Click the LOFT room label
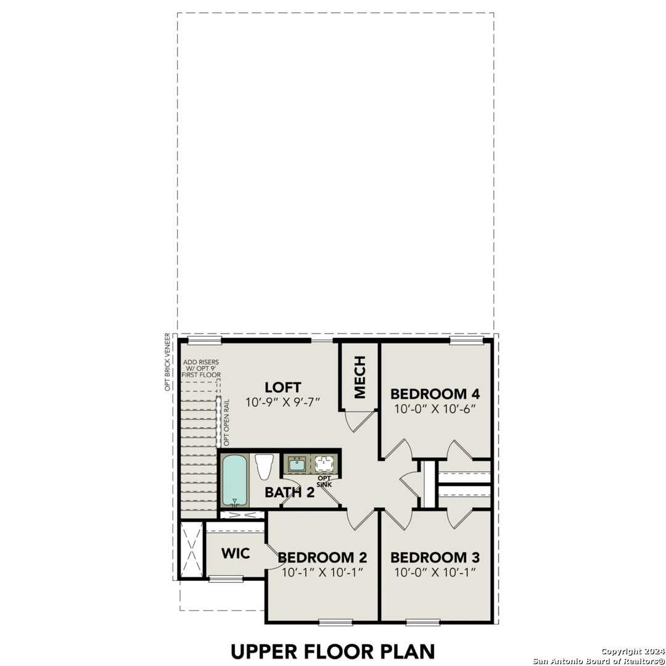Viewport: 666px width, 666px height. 282,387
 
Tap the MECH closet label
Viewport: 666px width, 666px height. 360,377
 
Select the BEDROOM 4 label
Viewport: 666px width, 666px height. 435,393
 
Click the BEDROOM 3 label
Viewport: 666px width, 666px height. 435,557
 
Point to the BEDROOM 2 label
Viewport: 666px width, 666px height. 323,557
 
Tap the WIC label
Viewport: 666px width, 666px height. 236,553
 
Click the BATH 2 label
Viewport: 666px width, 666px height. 289,492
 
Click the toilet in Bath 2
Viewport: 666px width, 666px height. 265,466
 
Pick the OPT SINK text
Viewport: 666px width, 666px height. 324,481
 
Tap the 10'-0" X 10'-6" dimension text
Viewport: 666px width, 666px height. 435,409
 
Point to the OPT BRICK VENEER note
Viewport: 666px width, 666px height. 166,362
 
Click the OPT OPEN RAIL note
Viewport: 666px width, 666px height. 227,422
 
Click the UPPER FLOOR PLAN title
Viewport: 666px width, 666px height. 332,651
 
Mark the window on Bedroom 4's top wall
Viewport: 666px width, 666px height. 466,340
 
